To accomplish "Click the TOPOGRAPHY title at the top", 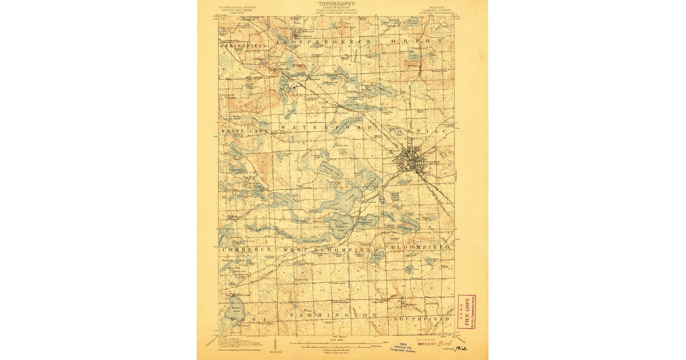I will point(337,3).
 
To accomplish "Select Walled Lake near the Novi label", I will point(235,311).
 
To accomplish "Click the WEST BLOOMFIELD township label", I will point(330,250).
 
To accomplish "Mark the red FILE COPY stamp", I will point(466,311).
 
